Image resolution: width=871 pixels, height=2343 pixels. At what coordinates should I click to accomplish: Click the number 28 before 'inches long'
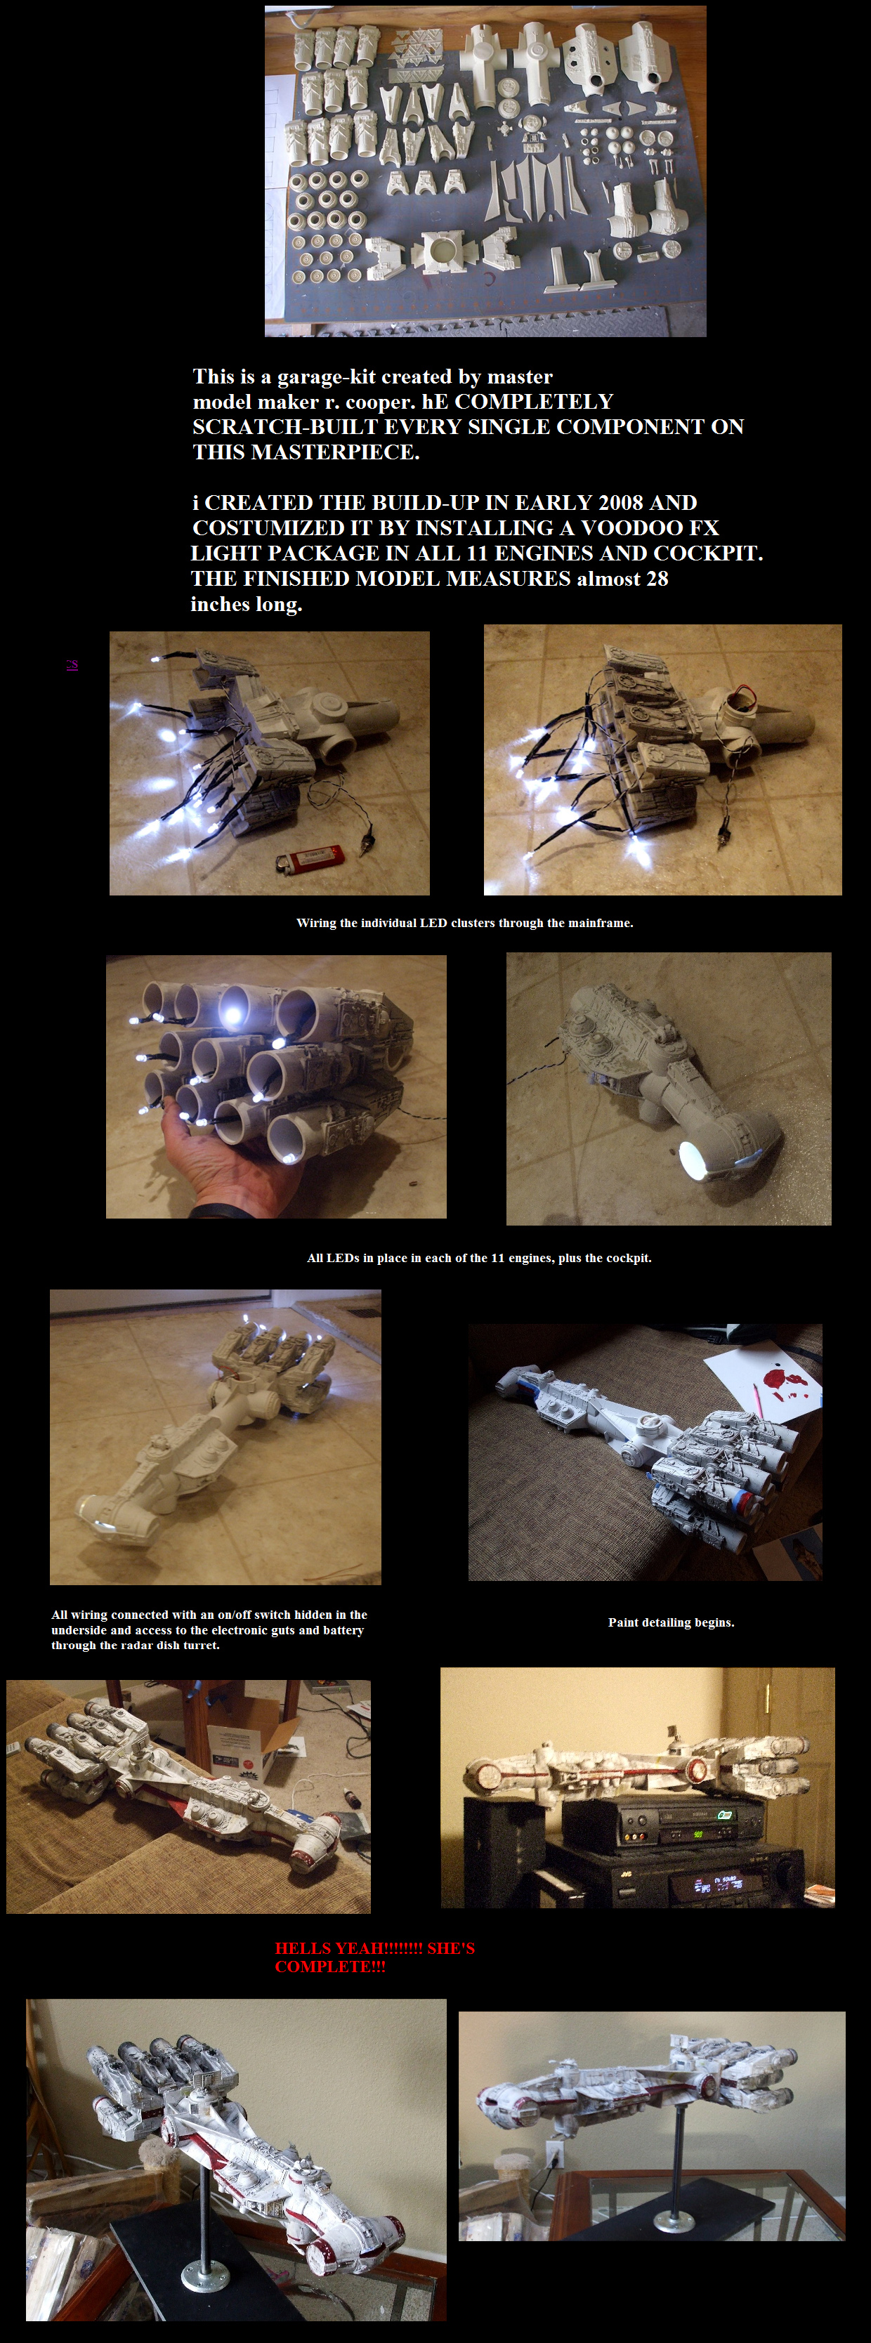click(657, 579)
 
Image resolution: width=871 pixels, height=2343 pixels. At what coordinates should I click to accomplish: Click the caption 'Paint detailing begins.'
click(671, 1622)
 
